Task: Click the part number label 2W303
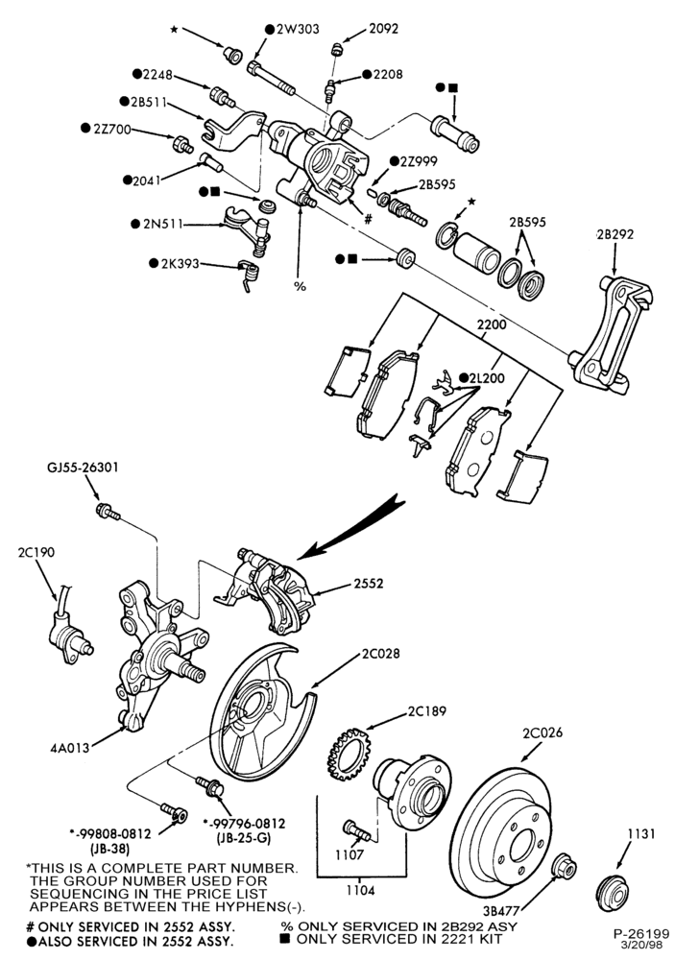coord(297,29)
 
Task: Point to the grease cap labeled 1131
coord(612,893)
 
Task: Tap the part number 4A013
coord(70,747)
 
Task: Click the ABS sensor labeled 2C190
coord(68,631)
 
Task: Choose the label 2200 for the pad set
coord(492,324)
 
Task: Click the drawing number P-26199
coord(641,934)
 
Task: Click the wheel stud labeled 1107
coord(356,830)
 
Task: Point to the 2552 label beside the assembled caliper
coord(369,583)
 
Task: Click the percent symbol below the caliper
coord(300,286)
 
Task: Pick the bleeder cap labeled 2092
coord(336,48)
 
